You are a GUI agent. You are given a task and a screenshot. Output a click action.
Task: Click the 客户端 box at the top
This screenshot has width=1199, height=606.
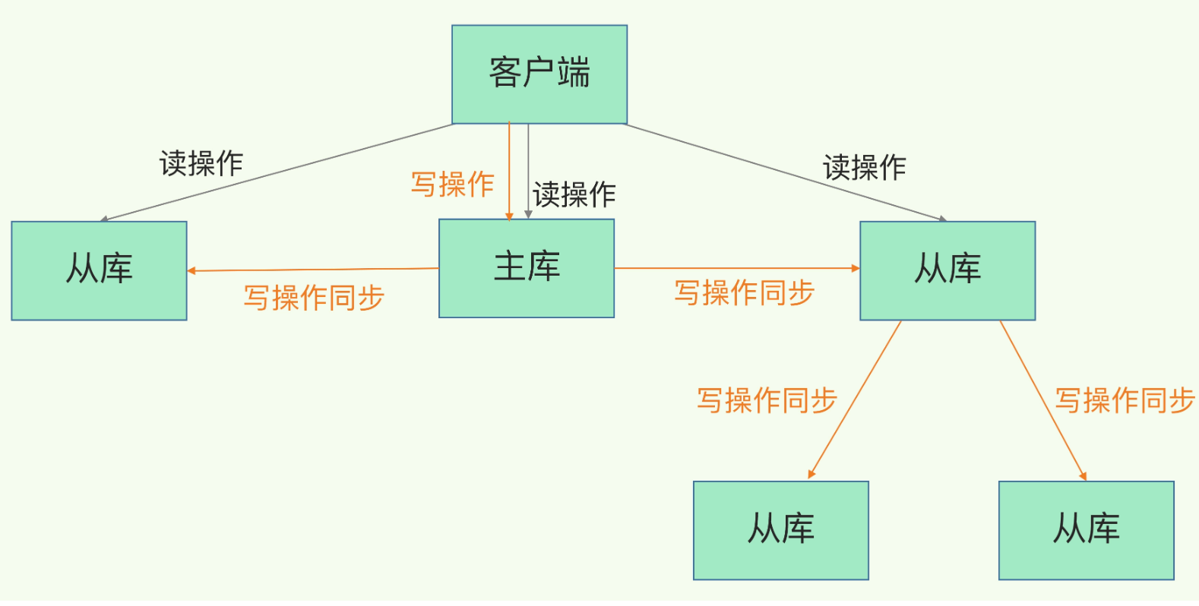point(539,74)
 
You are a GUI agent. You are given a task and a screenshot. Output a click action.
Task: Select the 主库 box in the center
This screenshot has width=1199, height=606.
point(527,269)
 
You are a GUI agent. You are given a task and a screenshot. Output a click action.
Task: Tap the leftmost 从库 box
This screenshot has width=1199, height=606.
point(99,270)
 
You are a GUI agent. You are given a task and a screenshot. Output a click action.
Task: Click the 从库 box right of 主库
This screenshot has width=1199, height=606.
point(947,270)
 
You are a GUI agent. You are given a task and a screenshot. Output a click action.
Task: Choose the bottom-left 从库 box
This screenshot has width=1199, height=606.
point(781,531)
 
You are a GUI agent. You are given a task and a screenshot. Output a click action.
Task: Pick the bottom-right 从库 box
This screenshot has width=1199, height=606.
point(1087,531)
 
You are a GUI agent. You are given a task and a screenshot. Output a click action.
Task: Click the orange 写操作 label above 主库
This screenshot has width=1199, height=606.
point(452,185)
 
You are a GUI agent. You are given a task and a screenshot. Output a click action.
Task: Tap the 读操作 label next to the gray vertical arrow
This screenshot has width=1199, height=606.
point(574,194)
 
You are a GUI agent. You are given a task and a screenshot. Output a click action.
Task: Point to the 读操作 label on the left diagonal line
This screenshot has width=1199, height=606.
point(201,163)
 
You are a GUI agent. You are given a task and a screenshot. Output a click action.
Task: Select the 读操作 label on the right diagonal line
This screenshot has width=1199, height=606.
point(865,167)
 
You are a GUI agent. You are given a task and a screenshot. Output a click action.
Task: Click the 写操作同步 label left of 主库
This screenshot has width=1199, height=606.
point(315,298)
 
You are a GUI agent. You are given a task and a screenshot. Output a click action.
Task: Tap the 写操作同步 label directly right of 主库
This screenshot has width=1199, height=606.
point(745,292)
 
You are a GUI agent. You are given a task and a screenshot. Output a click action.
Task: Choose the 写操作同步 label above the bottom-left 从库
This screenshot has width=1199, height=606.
point(767,400)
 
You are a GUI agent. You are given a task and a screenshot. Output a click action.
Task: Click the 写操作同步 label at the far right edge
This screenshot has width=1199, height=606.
point(1125,400)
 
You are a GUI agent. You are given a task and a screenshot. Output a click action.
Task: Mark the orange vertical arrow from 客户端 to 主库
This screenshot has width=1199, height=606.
point(509,172)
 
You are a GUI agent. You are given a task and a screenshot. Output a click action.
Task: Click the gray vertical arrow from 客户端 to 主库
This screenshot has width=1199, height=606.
point(528,172)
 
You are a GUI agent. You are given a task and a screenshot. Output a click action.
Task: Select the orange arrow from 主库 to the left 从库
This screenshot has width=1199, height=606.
point(313,270)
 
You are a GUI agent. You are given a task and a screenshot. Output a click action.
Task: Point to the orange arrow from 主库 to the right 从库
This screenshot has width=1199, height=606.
point(737,268)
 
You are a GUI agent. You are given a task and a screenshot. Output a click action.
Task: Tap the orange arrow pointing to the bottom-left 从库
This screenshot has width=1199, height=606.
point(854,399)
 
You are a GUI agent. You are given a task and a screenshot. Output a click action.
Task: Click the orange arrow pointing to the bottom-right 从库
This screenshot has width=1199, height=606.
point(1043,401)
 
